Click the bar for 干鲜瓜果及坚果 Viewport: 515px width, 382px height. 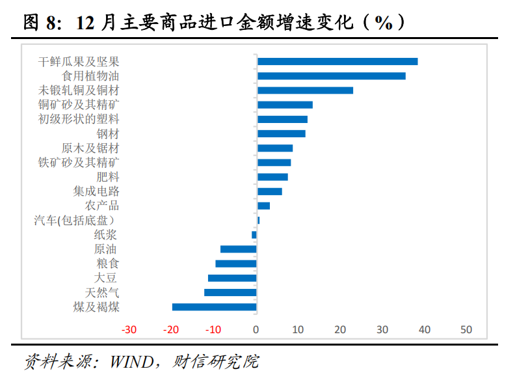click(x=337, y=61)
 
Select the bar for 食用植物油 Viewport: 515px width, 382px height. click(x=332, y=76)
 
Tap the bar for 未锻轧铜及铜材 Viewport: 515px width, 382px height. click(x=305, y=90)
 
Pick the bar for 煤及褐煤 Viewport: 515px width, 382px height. click(x=214, y=307)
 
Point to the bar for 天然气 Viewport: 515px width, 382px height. click(x=230, y=293)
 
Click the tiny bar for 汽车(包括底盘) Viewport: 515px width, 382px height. click(x=259, y=220)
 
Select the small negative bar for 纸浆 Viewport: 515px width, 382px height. click(x=254, y=235)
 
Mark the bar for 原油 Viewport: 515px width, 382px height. click(x=239, y=249)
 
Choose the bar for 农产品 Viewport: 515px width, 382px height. click(x=264, y=206)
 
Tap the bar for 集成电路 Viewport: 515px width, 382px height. click(x=270, y=191)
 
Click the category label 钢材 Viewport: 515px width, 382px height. click(x=108, y=134)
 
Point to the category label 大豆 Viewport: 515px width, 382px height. click(x=105, y=278)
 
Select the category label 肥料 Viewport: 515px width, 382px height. click(x=108, y=177)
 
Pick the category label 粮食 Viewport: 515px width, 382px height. click(x=108, y=264)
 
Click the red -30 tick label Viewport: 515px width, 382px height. click(x=129, y=329)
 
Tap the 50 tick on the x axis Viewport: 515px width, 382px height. click(x=466, y=329)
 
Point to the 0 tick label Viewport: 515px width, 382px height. click(x=256, y=329)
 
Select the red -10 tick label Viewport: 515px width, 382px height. click(x=213, y=329)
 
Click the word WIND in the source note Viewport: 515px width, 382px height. click(x=132, y=362)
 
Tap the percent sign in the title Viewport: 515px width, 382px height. click(x=384, y=23)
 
